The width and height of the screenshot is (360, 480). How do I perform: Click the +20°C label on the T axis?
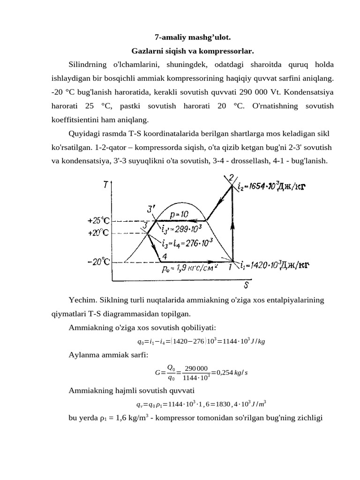click(98, 232)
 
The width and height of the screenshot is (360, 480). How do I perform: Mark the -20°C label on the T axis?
click(98, 262)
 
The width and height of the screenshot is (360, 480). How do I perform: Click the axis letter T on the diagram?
click(106, 186)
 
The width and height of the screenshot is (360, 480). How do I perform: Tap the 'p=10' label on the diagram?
click(179, 214)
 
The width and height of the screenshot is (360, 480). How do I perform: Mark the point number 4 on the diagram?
click(165, 256)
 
